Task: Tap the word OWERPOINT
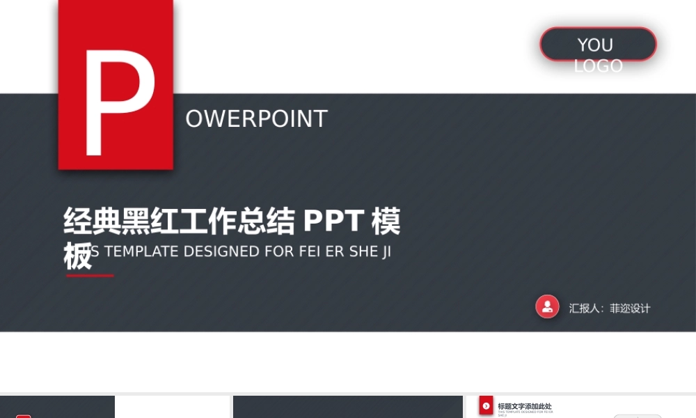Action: [256, 119]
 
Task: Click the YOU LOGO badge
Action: [598, 45]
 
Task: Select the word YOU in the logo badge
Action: [595, 45]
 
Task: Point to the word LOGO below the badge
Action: [598, 66]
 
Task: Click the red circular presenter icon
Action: [547, 307]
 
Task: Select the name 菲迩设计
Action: [630, 308]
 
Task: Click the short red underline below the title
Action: [90, 276]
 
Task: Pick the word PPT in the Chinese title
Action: [333, 222]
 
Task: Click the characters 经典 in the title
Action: [92, 222]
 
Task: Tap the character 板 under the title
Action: [77, 256]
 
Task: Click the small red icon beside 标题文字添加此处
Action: [486, 405]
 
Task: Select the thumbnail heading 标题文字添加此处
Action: [525, 406]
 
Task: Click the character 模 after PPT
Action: [386, 222]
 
